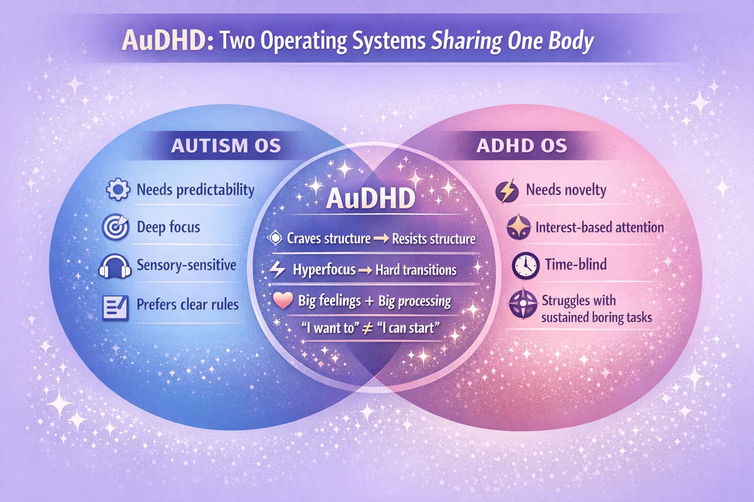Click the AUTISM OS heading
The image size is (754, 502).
pos(226,146)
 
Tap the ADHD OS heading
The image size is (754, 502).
pos(521,146)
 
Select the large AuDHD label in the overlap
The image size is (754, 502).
pos(371,199)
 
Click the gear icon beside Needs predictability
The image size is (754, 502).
pos(118,190)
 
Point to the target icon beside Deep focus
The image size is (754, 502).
pos(116,227)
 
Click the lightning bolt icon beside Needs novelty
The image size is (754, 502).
pos(507,191)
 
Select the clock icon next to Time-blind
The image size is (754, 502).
pos(526,266)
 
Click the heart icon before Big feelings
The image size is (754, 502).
pos(283,301)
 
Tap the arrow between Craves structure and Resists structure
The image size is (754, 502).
pos(381,239)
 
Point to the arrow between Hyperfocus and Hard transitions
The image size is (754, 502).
pos(365,270)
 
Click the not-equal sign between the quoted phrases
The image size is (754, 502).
pos(366,328)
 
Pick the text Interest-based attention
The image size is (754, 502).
pos(599,227)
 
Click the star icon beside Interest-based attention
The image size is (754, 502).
pos(519,227)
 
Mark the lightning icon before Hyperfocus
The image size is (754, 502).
pos(278,270)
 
